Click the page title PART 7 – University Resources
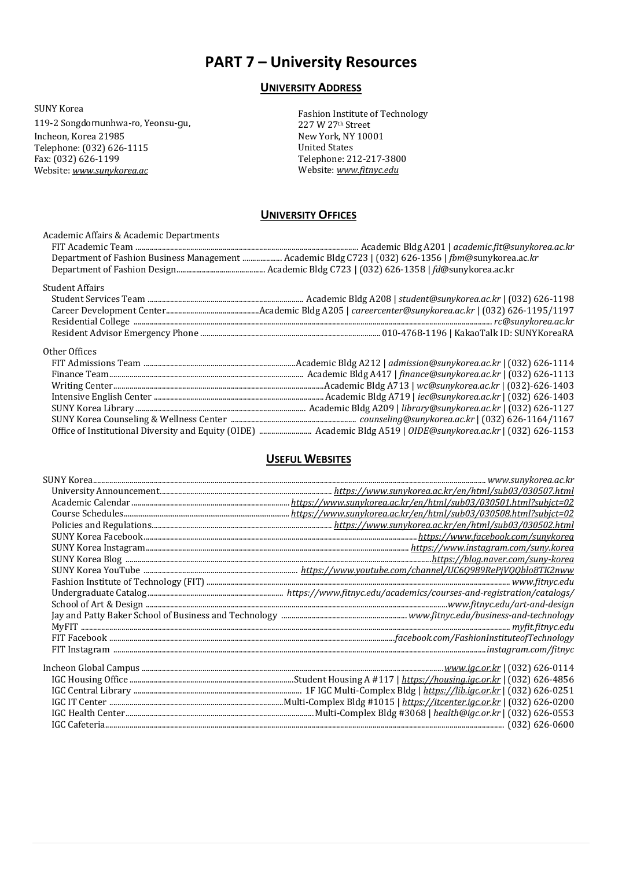[311, 62]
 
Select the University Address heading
[311, 88]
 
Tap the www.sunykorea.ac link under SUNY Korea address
[110, 171]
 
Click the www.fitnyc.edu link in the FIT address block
[367, 170]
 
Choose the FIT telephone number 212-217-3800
[376, 159]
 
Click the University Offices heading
[308, 215]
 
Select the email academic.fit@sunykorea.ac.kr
[514, 247]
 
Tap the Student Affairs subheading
[73, 288]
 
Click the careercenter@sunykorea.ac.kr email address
[413, 311]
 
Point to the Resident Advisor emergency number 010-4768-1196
[414, 333]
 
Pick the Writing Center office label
[82, 386]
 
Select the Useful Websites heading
[308, 459]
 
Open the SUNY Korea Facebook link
[496, 537]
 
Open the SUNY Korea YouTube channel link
[437, 571]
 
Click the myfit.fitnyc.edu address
[543, 627]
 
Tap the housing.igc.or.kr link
[451, 680]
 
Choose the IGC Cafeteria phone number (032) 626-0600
[540, 725]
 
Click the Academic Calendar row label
[91, 503]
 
